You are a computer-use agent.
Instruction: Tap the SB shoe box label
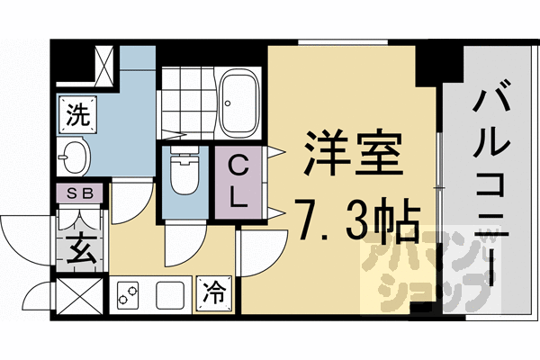(80, 192)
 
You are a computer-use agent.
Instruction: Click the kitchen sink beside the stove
(172, 293)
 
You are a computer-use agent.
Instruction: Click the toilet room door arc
(183, 240)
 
